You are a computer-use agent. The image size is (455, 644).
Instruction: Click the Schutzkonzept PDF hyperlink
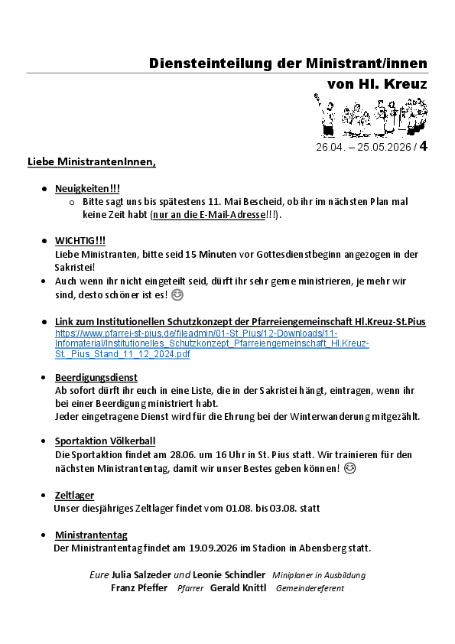click(212, 343)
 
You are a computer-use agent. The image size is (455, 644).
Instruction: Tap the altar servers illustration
click(370, 115)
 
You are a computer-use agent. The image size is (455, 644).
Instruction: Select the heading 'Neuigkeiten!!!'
click(87, 188)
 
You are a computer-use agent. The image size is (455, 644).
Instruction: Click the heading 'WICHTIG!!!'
click(80, 240)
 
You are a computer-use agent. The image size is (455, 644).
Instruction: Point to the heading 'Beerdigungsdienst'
click(96, 377)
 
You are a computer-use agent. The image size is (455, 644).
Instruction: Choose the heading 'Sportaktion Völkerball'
click(105, 441)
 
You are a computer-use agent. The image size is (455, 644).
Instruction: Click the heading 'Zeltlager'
click(74, 495)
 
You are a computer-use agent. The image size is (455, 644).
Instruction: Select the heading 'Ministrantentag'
click(91, 535)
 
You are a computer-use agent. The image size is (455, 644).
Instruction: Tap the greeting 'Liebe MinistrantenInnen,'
click(92, 162)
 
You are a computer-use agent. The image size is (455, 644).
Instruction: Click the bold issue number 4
click(423, 146)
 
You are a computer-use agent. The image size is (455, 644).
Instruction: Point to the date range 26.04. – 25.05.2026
click(363, 147)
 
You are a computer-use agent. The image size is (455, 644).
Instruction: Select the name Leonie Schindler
click(229, 574)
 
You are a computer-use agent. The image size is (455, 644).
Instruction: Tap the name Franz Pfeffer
click(138, 588)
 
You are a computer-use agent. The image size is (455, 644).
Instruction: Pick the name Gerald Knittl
click(239, 588)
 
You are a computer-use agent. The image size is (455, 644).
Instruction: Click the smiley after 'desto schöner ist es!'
click(177, 295)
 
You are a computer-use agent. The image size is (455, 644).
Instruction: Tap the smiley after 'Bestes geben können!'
click(350, 468)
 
